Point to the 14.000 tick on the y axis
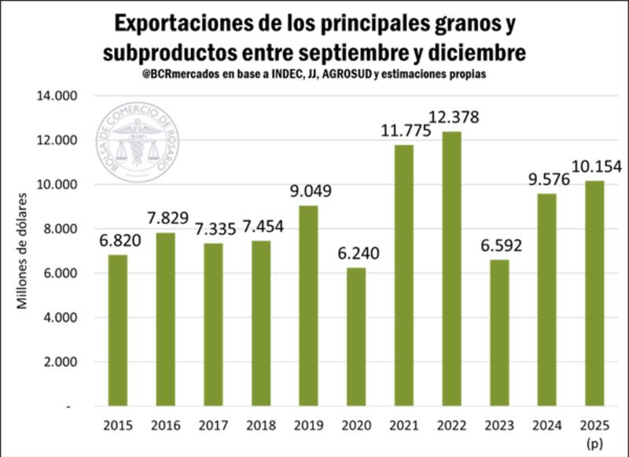[53, 96]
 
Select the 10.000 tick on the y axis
[53, 185]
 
